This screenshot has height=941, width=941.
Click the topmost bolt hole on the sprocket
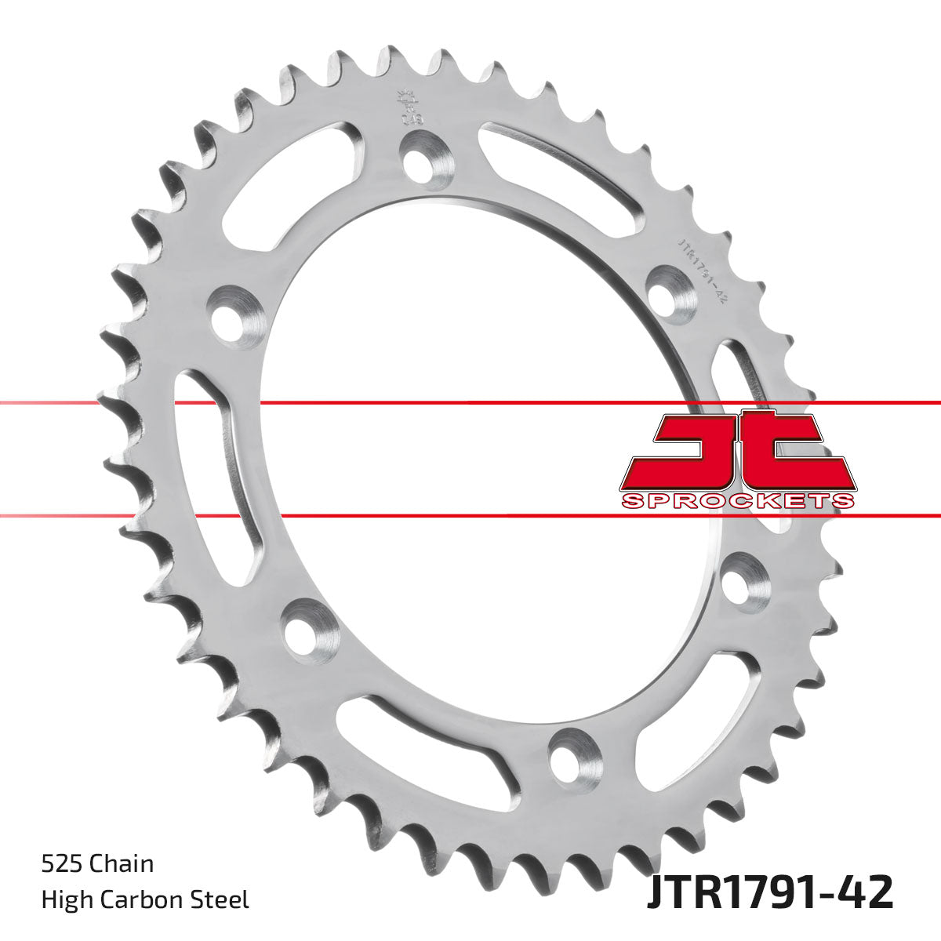[421, 158]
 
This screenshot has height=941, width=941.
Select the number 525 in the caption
[62, 864]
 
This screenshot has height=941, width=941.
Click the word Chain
[122, 864]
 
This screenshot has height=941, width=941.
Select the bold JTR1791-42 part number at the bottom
[769, 892]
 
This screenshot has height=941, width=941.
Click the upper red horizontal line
[470, 403]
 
